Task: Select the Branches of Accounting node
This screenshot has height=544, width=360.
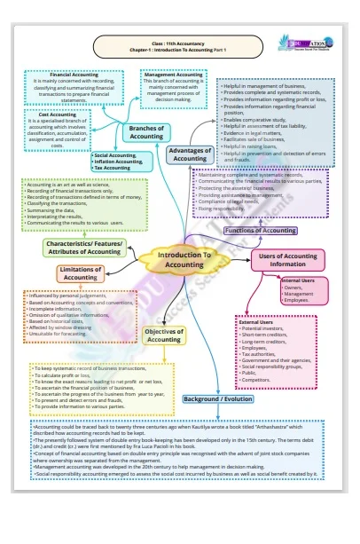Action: coord(145,132)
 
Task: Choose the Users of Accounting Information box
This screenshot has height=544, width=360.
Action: coord(286,260)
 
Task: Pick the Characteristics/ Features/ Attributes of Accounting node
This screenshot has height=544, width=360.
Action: coord(82,247)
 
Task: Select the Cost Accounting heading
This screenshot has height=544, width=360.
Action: coord(56,114)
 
